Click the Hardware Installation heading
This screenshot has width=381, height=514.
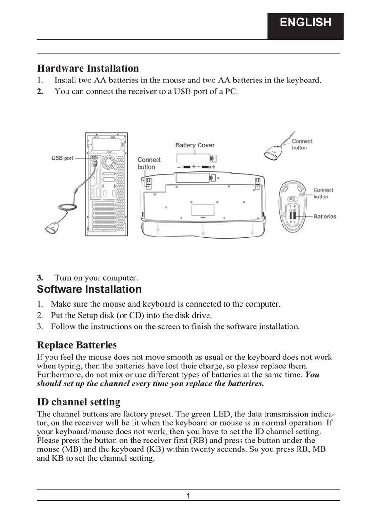[88, 69]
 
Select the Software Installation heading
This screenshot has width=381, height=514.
[89, 289]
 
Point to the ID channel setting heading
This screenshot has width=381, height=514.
[78, 402]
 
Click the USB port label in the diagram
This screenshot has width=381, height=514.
[62, 158]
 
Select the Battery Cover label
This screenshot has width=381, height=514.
[195, 145]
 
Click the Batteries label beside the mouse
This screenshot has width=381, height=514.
[325, 217]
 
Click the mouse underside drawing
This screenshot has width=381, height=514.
[293, 206]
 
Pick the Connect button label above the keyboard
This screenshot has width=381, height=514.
[149, 163]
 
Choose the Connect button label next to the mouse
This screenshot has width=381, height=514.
[323, 193]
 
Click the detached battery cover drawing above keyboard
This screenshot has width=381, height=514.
[195, 158]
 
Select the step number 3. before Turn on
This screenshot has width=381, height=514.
[41, 277]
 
